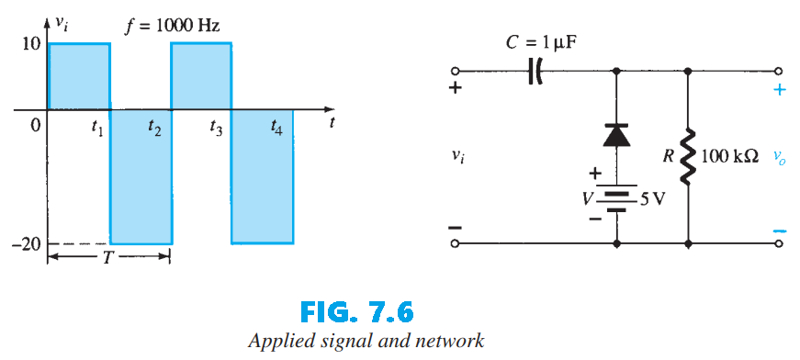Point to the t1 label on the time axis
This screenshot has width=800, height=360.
tap(97, 129)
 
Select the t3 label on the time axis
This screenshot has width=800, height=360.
tap(216, 129)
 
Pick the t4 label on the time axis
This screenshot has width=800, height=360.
tap(276, 129)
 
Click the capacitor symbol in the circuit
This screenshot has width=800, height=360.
tap(535, 71)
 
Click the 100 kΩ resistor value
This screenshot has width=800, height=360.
tap(729, 157)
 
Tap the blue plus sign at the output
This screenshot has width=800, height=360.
tap(780, 90)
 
